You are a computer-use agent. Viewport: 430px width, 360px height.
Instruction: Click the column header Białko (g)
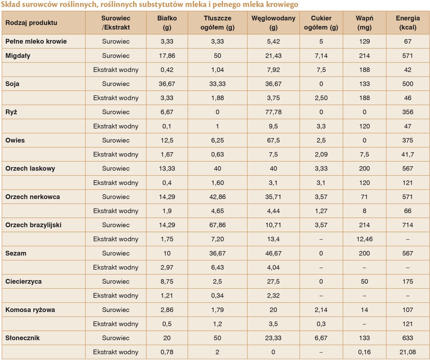(x=167, y=23)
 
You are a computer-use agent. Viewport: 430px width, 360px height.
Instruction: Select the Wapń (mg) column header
(x=364, y=23)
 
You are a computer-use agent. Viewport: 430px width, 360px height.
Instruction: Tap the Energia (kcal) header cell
(x=407, y=23)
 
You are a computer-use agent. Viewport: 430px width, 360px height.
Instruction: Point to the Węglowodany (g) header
(x=273, y=23)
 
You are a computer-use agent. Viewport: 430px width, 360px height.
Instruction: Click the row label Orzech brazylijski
(x=33, y=225)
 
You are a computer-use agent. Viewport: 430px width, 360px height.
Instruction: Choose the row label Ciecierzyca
(x=23, y=282)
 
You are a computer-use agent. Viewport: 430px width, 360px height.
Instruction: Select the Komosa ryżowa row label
(x=30, y=310)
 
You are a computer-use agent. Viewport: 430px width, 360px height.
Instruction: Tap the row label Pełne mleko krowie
(x=36, y=42)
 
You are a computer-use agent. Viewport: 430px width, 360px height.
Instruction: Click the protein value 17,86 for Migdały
(x=167, y=56)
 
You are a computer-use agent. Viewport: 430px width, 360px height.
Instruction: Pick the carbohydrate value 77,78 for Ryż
(x=273, y=112)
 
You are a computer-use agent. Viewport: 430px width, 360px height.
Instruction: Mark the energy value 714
(x=407, y=225)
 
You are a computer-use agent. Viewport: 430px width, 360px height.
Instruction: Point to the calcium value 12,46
(x=364, y=239)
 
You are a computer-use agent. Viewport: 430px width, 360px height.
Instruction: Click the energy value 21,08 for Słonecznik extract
(x=407, y=352)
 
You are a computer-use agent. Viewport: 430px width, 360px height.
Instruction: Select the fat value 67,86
(x=217, y=225)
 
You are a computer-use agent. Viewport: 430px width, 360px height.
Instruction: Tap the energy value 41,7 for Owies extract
(x=407, y=154)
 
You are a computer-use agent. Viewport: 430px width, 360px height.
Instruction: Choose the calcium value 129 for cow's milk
(x=364, y=42)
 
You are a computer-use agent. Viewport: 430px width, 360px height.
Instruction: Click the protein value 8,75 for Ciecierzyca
(x=167, y=282)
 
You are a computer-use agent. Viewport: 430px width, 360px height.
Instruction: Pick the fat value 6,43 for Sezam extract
(x=217, y=268)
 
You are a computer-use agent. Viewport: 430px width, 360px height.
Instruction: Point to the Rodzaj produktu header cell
(x=31, y=23)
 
